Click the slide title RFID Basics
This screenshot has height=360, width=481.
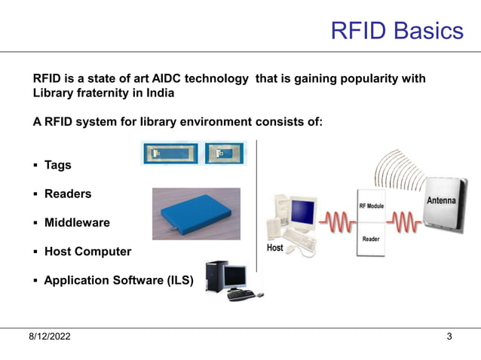[397, 30]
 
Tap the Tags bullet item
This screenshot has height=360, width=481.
[57, 165]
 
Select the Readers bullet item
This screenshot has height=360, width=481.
[68, 194]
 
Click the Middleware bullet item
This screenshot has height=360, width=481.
[77, 223]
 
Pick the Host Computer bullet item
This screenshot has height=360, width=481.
[87, 252]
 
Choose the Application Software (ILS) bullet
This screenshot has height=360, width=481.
[118, 281]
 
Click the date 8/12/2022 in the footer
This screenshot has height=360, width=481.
[50, 337]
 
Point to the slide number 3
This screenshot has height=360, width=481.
[449, 337]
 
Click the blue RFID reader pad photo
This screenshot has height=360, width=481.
[196, 214]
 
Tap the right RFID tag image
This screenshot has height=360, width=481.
[225, 154]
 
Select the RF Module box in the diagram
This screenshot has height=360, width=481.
[371, 206]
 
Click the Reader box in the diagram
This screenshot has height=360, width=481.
[371, 239]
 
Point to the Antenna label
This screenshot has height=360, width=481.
[441, 201]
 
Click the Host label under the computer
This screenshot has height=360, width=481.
[275, 248]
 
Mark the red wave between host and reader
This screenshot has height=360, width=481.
[335, 222]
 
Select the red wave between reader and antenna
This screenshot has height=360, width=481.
[406, 222]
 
